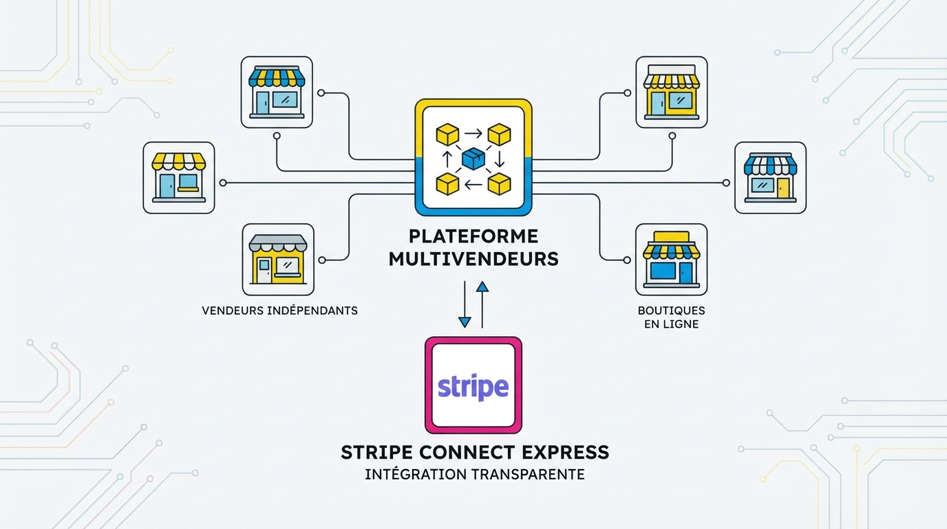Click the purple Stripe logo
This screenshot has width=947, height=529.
pyautogui.click(x=473, y=386)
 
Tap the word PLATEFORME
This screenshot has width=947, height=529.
pyautogui.click(x=473, y=236)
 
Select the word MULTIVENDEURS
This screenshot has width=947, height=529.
pyautogui.click(x=473, y=259)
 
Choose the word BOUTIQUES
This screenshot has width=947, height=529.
pyautogui.click(x=671, y=311)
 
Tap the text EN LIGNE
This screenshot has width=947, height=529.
pyautogui.click(x=671, y=324)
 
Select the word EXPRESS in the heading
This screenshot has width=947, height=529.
pyautogui.click(x=568, y=453)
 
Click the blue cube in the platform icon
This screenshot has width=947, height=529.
pyautogui.click(x=473, y=159)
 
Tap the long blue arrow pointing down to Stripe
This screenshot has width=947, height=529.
pyautogui.click(x=465, y=304)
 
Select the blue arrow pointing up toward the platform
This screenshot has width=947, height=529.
pyautogui.click(x=482, y=304)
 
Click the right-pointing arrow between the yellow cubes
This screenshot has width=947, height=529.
pyautogui.click(x=473, y=134)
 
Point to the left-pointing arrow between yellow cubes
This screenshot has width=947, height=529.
pyautogui.click(x=473, y=184)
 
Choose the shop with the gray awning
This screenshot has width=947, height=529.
pyautogui.click(x=278, y=259)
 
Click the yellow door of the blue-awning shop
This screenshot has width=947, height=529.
pyautogui.click(x=783, y=186)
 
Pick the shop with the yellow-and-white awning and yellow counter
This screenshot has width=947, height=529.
pyautogui.click(x=178, y=178)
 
